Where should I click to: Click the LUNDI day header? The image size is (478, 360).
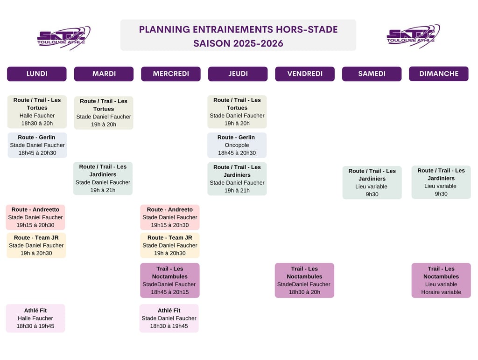tap(37, 74)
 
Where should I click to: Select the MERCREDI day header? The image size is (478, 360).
tap(171, 74)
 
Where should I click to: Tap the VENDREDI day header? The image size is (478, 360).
tap(305, 74)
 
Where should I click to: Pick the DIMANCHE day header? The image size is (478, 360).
tap(439, 74)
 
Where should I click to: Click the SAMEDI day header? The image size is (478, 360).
tap(372, 74)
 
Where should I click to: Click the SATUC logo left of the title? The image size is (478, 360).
tap(63, 37)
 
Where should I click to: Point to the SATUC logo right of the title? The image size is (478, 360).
tap(413, 36)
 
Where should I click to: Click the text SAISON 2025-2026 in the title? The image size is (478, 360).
tap(238, 43)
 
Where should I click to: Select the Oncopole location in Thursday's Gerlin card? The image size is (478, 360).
tap(237, 145)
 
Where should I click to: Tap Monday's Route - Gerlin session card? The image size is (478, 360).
tap(37, 145)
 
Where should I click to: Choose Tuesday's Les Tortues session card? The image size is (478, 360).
tap(104, 113)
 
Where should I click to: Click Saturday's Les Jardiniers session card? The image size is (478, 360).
tap(372, 183)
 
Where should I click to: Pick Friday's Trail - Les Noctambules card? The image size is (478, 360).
tap(304, 280)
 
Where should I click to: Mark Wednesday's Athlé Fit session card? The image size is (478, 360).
tap(169, 318)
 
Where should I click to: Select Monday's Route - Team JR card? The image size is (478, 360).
tap(36, 245)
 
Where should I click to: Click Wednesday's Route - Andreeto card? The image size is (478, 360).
tap(170, 217)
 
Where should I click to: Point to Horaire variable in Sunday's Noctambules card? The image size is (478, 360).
tap(441, 292)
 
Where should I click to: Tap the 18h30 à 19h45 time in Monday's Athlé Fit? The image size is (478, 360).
tap(35, 326)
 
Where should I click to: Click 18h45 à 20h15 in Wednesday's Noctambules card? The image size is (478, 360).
tap(170, 292)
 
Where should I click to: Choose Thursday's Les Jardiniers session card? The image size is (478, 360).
tap(237, 179)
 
